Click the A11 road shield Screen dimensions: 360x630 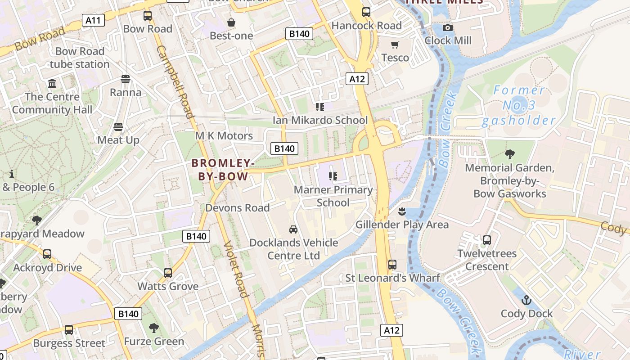click(94, 20)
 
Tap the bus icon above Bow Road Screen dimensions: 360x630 click(148, 16)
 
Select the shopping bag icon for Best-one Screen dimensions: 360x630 click(231, 22)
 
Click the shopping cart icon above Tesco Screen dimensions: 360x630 click(395, 45)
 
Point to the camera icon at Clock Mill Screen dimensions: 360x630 click(447, 27)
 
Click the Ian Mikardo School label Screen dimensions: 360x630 click(320, 120)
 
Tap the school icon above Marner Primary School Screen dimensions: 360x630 click(333, 176)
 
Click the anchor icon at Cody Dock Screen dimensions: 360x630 click(526, 300)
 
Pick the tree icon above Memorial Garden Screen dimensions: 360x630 click(509, 154)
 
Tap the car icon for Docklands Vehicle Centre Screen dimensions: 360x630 click(293, 229)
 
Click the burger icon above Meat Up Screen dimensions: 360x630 click(118, 127)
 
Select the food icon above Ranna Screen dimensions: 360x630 click(126, 79)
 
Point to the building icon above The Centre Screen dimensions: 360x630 click(52, 84)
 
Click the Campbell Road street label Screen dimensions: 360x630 click(175, 81)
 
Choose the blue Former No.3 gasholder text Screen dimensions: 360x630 click(519, 105)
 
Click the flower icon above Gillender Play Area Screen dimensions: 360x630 click(402, 211)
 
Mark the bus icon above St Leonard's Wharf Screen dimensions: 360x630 click(392, 265)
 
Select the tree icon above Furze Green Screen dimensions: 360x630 click(154, 328)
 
